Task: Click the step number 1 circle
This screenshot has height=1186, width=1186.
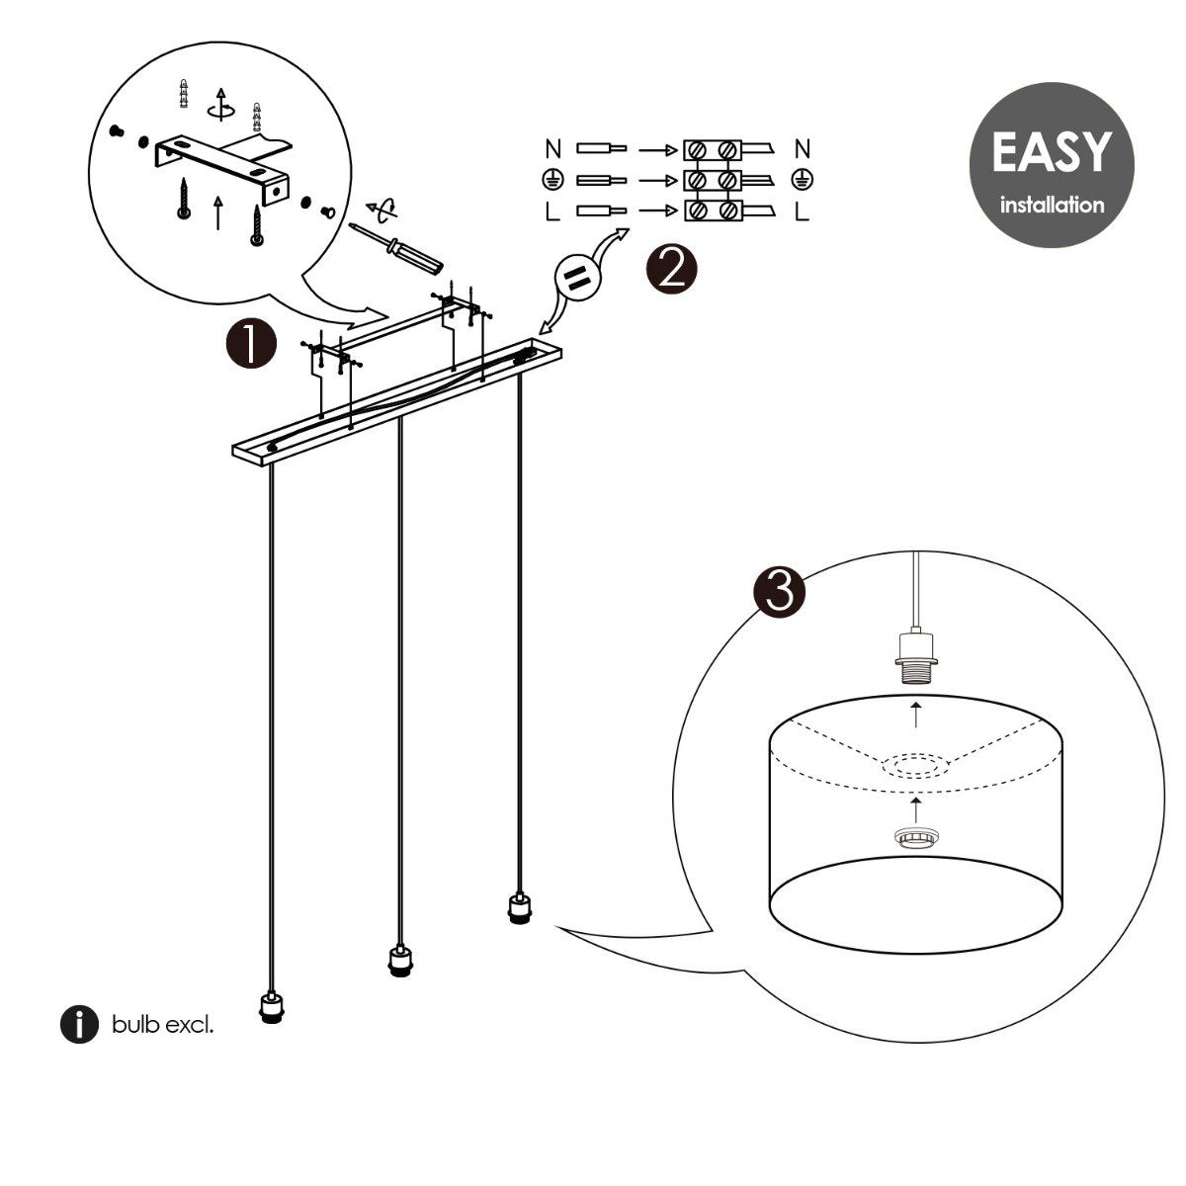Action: click(x=251, y=343)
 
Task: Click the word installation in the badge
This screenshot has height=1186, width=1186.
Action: click(x=1051, y=206)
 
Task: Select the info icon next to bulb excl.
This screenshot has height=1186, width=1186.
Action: click(x=79, y=1025)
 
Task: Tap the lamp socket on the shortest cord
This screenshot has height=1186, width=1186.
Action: click(x=516, y=907)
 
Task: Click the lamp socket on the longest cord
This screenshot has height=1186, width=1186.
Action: click(x=270, y=1009)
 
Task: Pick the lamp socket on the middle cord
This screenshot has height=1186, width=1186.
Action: click(x=396, y=960)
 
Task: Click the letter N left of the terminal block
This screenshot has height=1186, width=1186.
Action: click(x=553, y=150)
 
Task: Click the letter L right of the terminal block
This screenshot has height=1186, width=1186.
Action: click(x=803, y=212)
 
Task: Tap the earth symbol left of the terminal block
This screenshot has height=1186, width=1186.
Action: click(x=553, y=181)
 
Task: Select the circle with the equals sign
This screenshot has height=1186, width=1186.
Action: click(x=578, y=280)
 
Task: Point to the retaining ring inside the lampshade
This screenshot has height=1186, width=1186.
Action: click(x=918, y=836)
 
